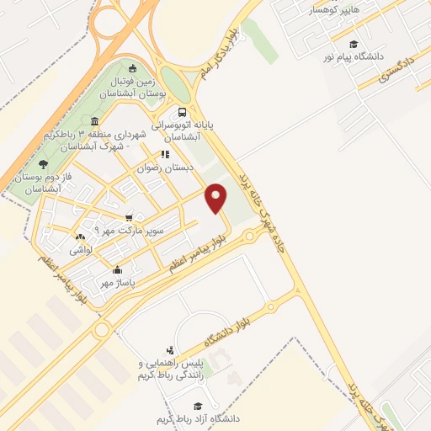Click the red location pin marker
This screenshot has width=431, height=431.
pos(217,197)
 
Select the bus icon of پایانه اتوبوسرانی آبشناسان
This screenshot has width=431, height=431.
pos(183,111)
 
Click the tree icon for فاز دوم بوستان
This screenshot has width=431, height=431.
pos(43,164)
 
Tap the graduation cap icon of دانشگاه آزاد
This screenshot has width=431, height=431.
pos(198,405)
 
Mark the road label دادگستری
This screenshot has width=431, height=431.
pos(397,68)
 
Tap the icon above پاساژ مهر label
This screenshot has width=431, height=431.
pos(116,270)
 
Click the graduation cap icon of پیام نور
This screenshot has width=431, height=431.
pos(354,44)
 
